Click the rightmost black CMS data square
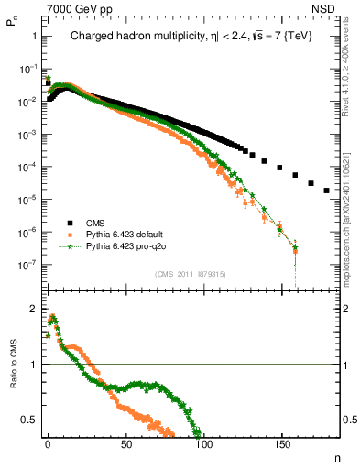coord(327,191)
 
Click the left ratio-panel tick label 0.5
coord(29,420)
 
